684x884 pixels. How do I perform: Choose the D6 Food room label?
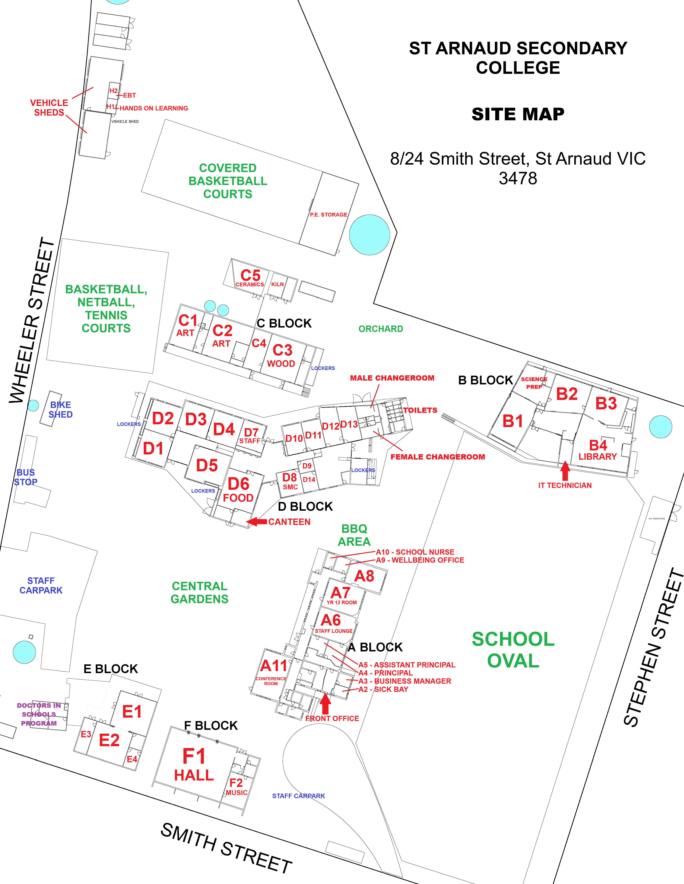click(238, 490)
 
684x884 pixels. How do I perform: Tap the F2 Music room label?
click(236, 787)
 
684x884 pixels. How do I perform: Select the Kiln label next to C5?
click(278, 284)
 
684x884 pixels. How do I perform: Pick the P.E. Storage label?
click(328, 215)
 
